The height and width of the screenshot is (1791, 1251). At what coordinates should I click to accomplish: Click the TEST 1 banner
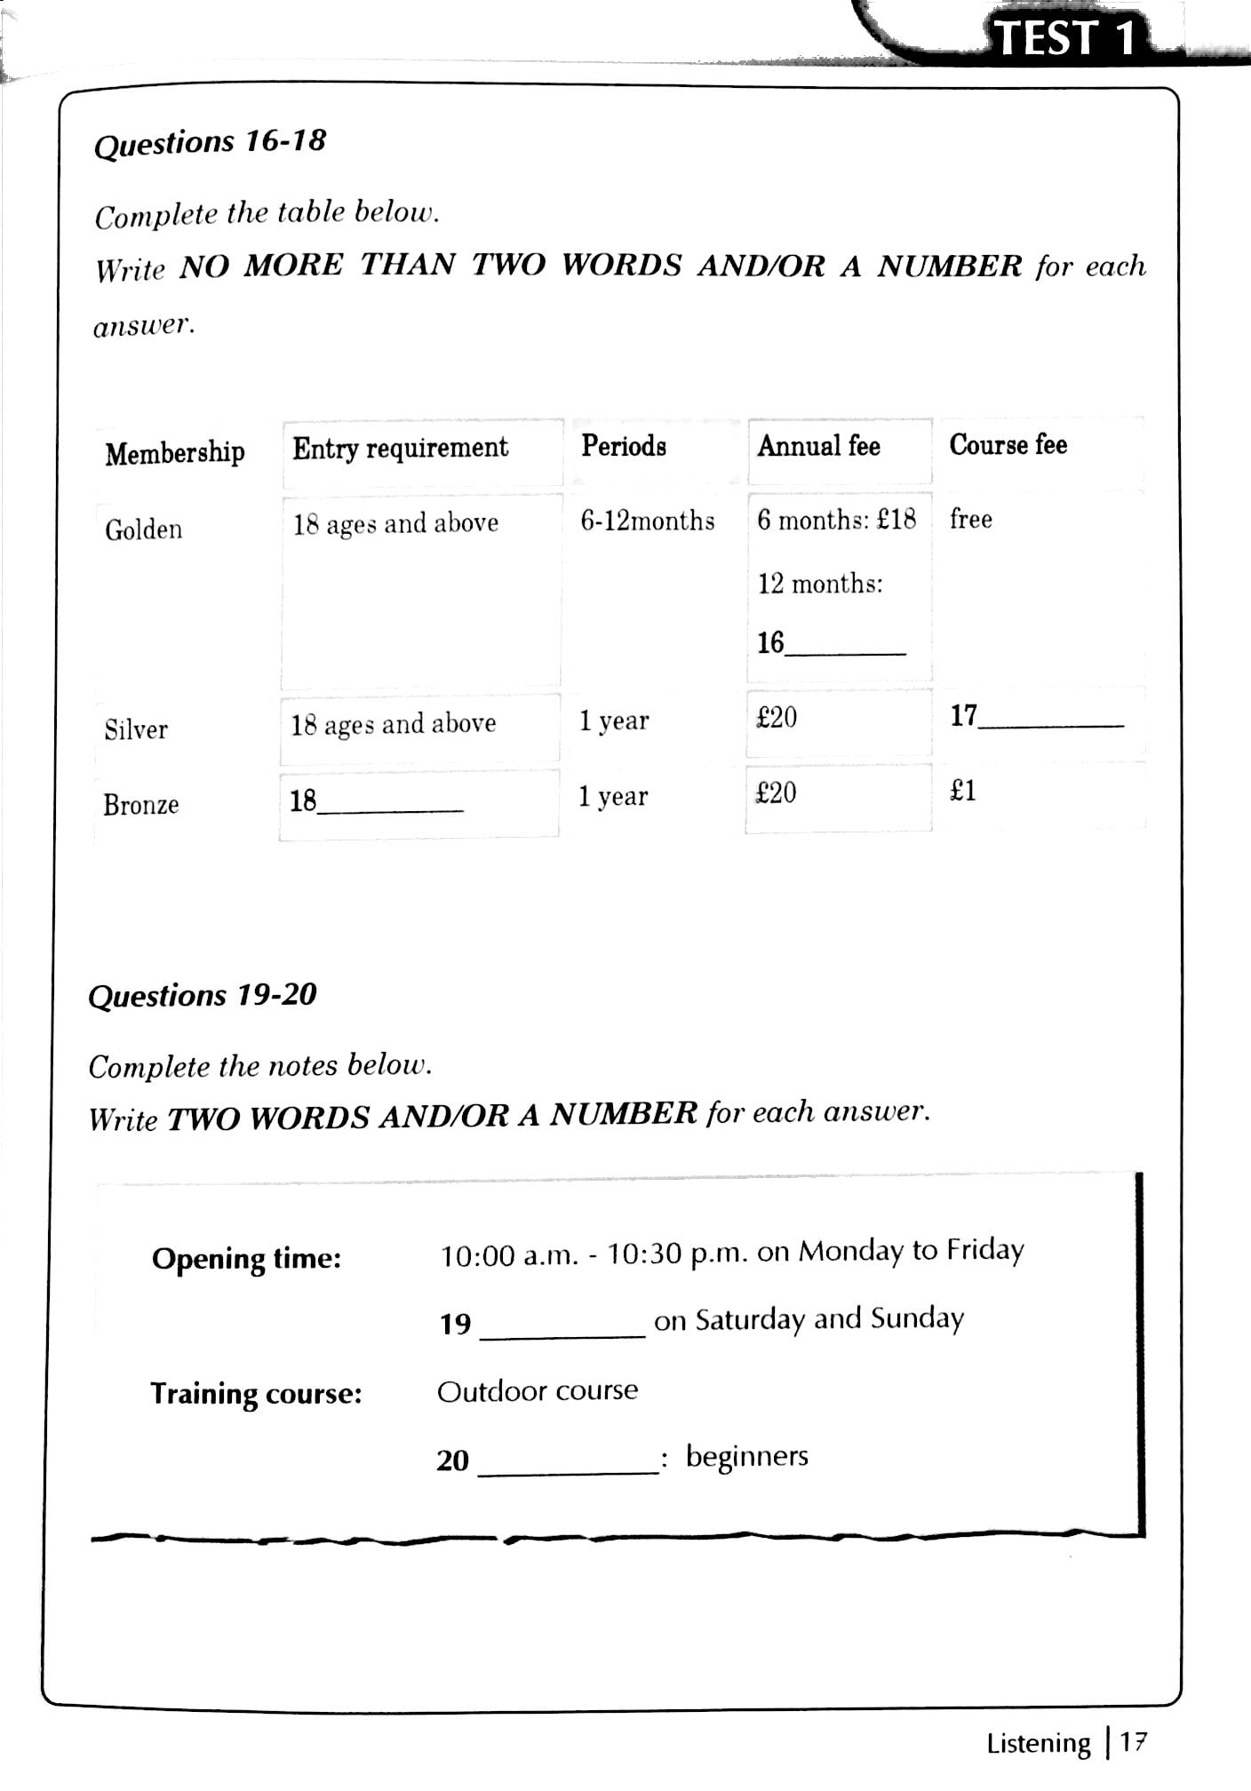coord(1064,37)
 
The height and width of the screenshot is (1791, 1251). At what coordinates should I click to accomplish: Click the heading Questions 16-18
coord(210,143)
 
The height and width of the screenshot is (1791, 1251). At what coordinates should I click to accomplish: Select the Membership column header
coord(174,452)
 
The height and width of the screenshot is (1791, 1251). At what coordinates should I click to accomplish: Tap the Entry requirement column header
coord(400,448)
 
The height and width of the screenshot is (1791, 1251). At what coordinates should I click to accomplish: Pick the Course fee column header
coord(1008,444)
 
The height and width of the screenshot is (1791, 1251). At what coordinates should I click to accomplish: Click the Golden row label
coord(143,529)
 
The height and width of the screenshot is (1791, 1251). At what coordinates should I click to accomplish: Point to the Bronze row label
coord(140,805)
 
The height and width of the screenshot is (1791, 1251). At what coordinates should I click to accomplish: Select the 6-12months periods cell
coord(647,520)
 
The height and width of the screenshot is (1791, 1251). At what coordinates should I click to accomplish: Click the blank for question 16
coord(845,645)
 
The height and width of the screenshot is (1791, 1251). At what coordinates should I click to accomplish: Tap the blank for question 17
coord(1050,719)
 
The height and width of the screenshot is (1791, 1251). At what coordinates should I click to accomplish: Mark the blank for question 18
coord(390,803)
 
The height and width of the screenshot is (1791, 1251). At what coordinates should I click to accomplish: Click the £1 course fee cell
coord(962,791)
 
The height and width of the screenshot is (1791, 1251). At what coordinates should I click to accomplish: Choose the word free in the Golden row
coord(970,518)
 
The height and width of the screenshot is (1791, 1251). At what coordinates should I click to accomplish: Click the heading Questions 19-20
coord(202,995)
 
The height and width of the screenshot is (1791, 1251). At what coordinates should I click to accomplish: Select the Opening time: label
coord(246,1259)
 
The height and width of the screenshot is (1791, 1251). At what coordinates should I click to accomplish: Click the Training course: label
coord(256,1393)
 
